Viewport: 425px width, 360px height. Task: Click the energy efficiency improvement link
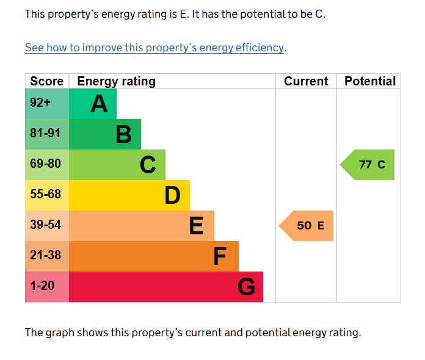[154, 48]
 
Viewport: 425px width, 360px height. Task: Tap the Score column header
[47, 81]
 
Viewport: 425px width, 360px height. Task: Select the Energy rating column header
[116, 81]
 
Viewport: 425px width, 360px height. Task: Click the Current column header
[306, 81]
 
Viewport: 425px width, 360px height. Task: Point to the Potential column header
[370, 81]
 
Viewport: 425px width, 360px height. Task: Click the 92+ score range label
[40, 103]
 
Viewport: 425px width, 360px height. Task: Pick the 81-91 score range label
[45, 133]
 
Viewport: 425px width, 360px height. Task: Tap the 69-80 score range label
[45, 164]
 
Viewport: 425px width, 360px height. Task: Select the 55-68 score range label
[45, 194]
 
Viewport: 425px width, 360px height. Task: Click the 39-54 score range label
[45, 225]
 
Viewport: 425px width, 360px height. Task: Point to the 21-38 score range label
[45, 255]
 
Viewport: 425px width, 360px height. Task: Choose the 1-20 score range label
[42, 286]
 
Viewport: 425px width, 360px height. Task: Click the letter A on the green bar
[99, 104]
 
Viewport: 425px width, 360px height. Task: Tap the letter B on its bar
[123, 135]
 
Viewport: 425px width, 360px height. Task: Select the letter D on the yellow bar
[172, 196]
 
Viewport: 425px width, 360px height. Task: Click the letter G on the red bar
[246, 287]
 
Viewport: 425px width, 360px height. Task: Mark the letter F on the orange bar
[220, 257]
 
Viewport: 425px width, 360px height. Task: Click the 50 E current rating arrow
[307, 226]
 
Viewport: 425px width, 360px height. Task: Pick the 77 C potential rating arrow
[368, 165]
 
